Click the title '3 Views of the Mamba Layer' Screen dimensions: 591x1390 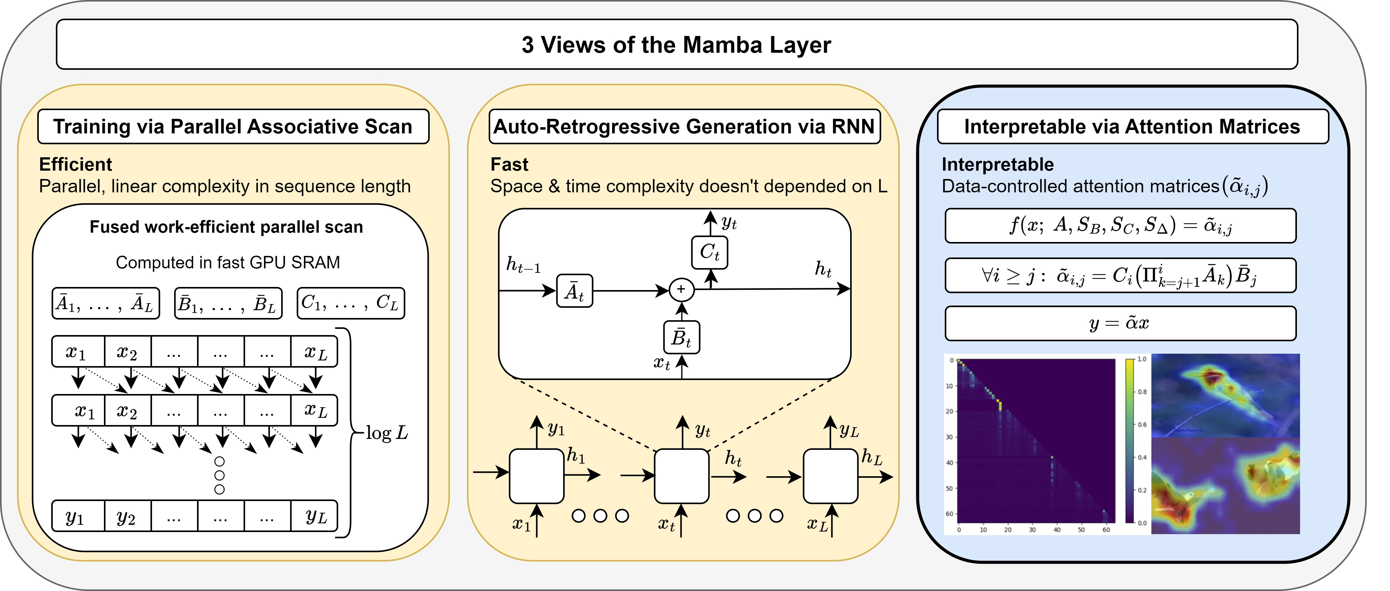(x=676, y=45)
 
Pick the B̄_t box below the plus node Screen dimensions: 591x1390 (x=682, y=337)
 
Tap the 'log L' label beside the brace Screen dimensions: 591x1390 (x=386, y=433)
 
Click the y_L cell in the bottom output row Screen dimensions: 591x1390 (x=315, y=517)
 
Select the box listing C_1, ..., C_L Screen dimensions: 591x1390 (x=351, y=303)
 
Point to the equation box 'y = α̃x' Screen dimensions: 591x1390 (x=1120, y=323)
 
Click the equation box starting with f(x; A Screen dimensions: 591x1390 (x=1120, y=226)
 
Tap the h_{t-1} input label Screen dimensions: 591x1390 (x=523, y=265)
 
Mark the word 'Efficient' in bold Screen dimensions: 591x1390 (x=75, y=164)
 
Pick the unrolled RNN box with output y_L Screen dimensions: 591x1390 (x=831, y=476)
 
